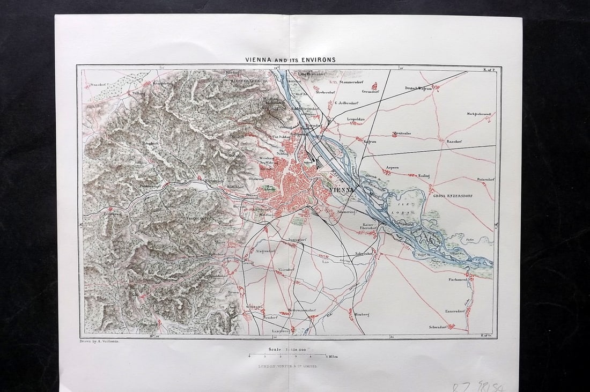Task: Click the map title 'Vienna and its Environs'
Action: coord(290,60)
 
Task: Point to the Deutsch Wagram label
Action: coord(418,88)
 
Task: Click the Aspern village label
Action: coord(392,167)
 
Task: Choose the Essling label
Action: coord(424,174)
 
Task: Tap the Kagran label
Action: coord(370,142)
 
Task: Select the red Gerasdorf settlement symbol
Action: coord(374,85)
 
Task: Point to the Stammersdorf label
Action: coord(352,82)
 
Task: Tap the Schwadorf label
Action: coord(438,327)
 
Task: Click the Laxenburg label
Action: coord(281,331)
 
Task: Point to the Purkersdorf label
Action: coord(151,186)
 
